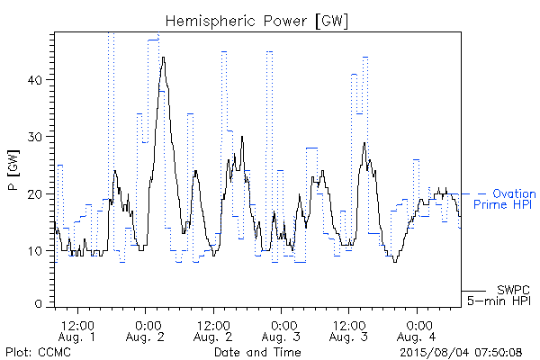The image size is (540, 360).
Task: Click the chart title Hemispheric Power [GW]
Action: (256, 22)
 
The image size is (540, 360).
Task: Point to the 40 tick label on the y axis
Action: (35, 80)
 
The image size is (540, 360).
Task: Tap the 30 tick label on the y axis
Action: (35, 137)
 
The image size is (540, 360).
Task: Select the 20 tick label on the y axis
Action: (35, 194)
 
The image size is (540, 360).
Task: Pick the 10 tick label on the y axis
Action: (35, 251)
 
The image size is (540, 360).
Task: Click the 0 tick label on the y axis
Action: (38, 304)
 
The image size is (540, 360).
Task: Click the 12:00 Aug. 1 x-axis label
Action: (77, 330)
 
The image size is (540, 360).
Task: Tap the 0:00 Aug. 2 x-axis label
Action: (145, 330)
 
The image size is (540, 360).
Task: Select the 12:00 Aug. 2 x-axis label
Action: (212, 330)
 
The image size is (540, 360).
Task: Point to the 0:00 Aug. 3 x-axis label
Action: (281, 330)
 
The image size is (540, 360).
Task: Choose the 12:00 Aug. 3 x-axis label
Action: (348, 330)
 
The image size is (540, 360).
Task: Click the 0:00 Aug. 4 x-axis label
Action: (417, 330)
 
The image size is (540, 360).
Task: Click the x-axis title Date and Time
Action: (257, 352)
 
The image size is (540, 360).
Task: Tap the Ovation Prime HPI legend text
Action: (504, 199)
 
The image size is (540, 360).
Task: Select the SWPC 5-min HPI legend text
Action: (499, 295)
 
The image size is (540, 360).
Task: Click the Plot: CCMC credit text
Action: (38, 353)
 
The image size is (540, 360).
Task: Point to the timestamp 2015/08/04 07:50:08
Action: (461, 353)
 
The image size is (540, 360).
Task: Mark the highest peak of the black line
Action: (163, 58)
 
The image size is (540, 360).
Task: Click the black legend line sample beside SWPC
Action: (473, 291)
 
